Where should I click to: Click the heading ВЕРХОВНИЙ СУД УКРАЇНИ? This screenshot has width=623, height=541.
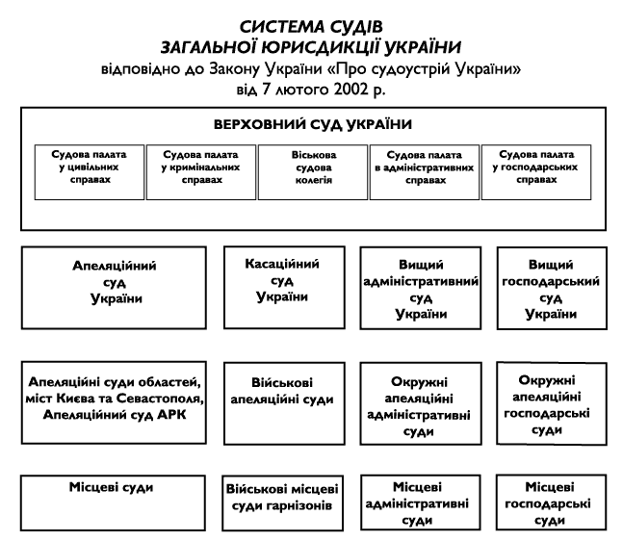(x=312, y=125)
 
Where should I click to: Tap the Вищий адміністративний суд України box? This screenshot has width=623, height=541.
(x=419, y=288)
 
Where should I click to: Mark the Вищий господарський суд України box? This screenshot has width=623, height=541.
(x=552, y=288)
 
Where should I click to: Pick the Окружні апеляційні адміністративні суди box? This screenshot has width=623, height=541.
(x=419, y=405)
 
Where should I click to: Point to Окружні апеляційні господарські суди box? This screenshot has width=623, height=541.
(x=552, y=405)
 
